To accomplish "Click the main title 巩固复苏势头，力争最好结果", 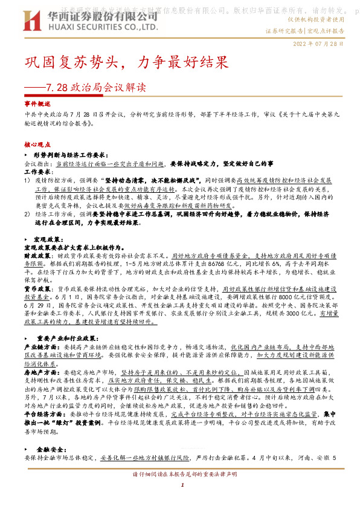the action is pos(126,62).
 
